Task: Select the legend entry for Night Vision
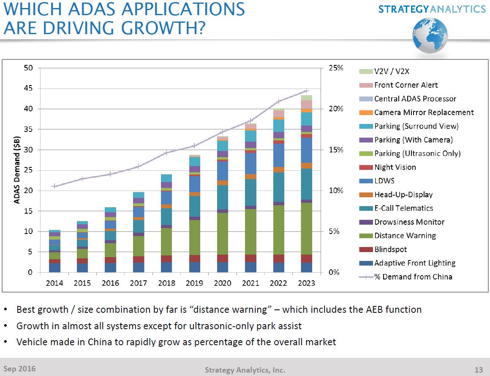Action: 395,167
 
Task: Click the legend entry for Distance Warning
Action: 405,236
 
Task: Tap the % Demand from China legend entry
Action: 413,277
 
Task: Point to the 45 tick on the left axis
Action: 28,89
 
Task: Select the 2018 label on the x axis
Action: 166,283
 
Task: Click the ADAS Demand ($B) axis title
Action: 17,170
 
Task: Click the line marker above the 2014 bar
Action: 54,186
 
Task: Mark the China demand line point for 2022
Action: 278,102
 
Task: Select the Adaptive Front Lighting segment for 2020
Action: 223,267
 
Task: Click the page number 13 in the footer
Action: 478,370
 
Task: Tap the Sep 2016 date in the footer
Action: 19,369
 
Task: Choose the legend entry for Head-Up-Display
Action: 403,195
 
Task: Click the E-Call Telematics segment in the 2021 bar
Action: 250,192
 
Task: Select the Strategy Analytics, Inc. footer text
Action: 245,370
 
